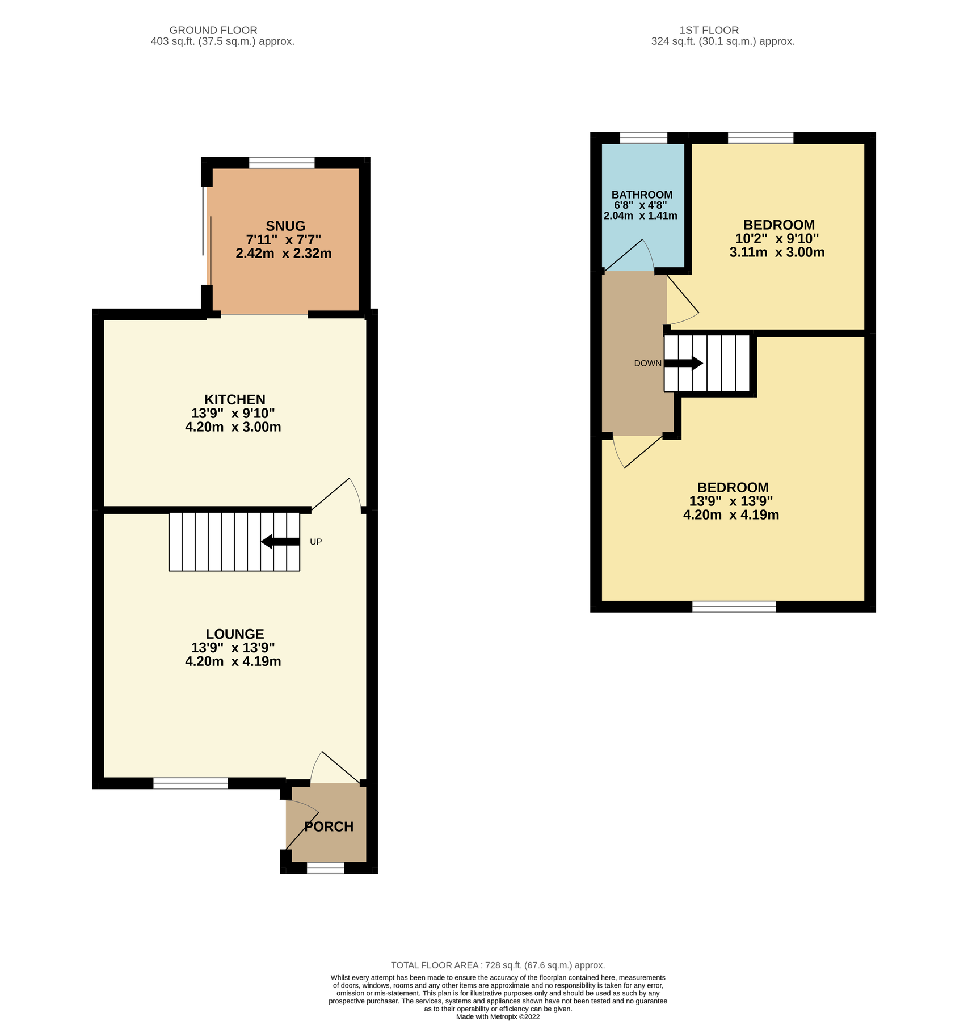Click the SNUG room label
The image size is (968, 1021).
click(285, 226)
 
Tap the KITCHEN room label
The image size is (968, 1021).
click(235, 399)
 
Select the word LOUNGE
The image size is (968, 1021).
click(235, 634)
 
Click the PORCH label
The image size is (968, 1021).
click(329, 826)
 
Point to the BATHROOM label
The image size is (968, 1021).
click(642, 195)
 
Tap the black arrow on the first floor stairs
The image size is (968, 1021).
click(684, 363)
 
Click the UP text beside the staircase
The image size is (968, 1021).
click(316, 542)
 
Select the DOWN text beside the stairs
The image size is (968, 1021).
click(647, 364)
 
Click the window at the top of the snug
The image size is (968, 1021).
click(281, 163)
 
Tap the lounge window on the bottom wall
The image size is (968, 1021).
click(191, 783)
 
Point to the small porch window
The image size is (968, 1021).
click(326, 868)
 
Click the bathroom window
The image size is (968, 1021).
click(643, 138)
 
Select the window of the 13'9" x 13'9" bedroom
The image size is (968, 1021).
click(734, 606)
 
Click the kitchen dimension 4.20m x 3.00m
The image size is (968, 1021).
click(233, 427)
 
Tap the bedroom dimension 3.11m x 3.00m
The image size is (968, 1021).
click(777, 252)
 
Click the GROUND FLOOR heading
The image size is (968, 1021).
click(213, 30)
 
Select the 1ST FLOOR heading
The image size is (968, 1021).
click(709, 30)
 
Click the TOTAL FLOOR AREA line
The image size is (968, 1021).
click(498, 965)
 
